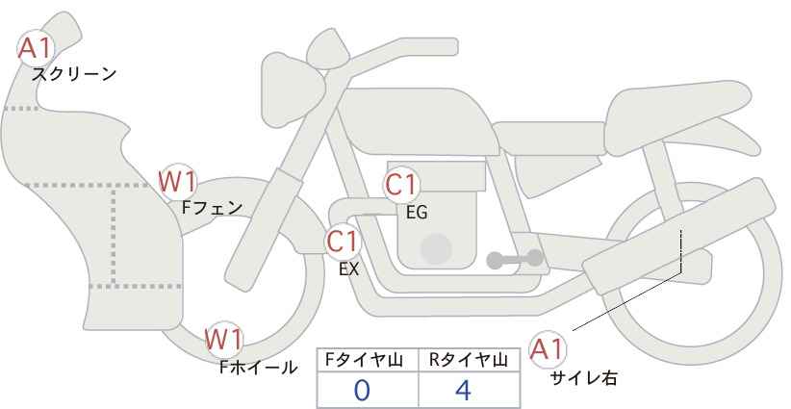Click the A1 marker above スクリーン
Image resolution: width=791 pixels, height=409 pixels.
[36, 49]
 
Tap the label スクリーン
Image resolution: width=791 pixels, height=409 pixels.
[74, 75]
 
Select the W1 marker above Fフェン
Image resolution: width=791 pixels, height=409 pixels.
[177, 182]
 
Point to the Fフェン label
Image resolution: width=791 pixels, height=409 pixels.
[212, 208]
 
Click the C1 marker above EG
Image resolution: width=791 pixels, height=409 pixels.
[401, 185]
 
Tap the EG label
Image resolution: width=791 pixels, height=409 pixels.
[417, 213]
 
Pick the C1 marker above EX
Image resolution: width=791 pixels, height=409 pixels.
[343, 241]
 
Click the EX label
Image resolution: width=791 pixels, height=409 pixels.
[348, 269]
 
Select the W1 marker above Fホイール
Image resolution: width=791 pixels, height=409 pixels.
[224, 339]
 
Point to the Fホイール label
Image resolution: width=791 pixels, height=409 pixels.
[258, 368]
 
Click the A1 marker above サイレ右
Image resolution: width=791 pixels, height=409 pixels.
[548, 349]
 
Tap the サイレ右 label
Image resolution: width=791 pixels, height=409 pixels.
[583, 378]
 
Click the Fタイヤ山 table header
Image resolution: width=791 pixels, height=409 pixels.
[364, 360]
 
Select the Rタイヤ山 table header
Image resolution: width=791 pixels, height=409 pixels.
[469, 360]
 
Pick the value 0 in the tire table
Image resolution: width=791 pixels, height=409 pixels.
[362, 391]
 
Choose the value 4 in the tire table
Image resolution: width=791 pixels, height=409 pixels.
[463, 391]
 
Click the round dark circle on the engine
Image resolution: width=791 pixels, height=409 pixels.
[436, 248]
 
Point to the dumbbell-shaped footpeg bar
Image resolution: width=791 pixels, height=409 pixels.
[515, 259]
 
